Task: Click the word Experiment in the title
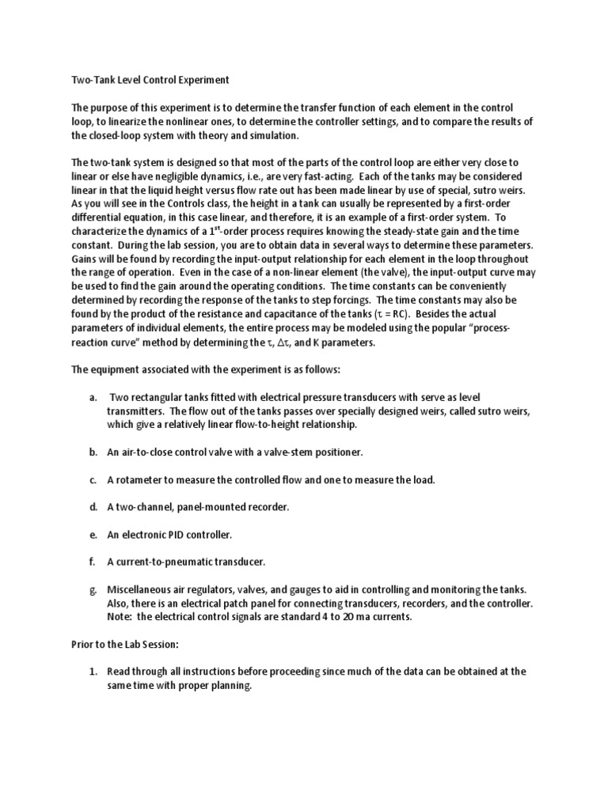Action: coord(198,80)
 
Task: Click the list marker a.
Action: coord(93,396)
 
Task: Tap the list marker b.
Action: coord(93,452)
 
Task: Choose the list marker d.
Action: coord(93,507)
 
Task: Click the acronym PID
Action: coord(179,535)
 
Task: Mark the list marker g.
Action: coord(93,590)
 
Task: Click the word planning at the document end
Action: coord(229,686)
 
